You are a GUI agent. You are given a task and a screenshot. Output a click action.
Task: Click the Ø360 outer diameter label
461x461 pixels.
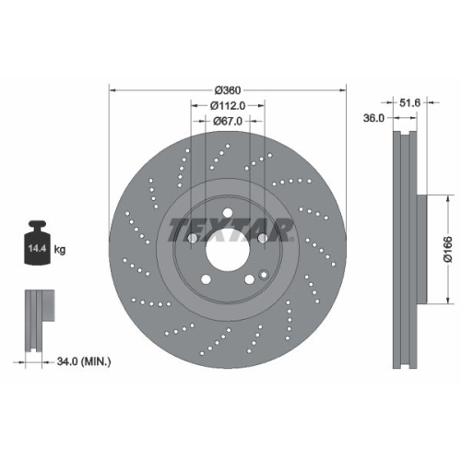click(228, 90)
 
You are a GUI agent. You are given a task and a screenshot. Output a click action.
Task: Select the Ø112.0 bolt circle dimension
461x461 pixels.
click(228, 105)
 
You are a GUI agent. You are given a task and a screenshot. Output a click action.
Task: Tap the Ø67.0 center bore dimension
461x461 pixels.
click(228, 121)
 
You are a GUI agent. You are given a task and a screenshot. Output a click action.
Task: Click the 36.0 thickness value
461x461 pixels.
click(372, 118)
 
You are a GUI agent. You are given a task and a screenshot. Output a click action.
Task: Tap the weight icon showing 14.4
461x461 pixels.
click(37, 243)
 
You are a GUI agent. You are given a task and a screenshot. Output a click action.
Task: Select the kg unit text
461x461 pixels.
click(61, 250)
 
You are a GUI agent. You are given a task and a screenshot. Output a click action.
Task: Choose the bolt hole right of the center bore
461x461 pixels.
click(265, 239)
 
